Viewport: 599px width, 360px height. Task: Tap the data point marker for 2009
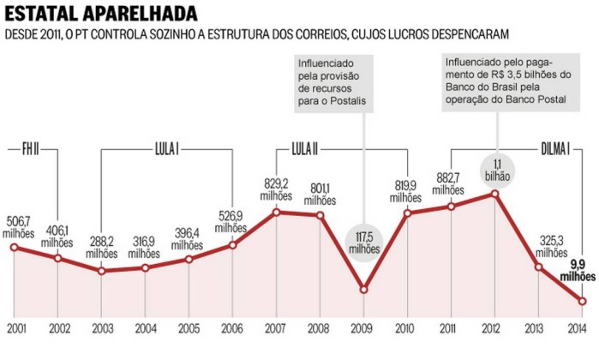(363, 290)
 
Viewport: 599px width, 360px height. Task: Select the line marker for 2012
(495, 194)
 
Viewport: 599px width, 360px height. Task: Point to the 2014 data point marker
(584, 301)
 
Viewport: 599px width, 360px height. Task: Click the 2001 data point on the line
(14, 247)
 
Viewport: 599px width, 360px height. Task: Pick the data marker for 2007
(276, 211)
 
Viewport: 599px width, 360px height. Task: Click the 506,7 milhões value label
(18, 225)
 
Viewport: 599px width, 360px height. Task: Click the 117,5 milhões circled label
(363, 242)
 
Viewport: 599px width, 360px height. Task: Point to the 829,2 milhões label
(276, 189)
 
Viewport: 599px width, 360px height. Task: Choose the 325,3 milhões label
(552, 247)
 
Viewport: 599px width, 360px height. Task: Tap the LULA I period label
(167, 147)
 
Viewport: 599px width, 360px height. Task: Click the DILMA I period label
(556, 147)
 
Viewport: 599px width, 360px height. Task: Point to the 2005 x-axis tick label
(189, 328)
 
